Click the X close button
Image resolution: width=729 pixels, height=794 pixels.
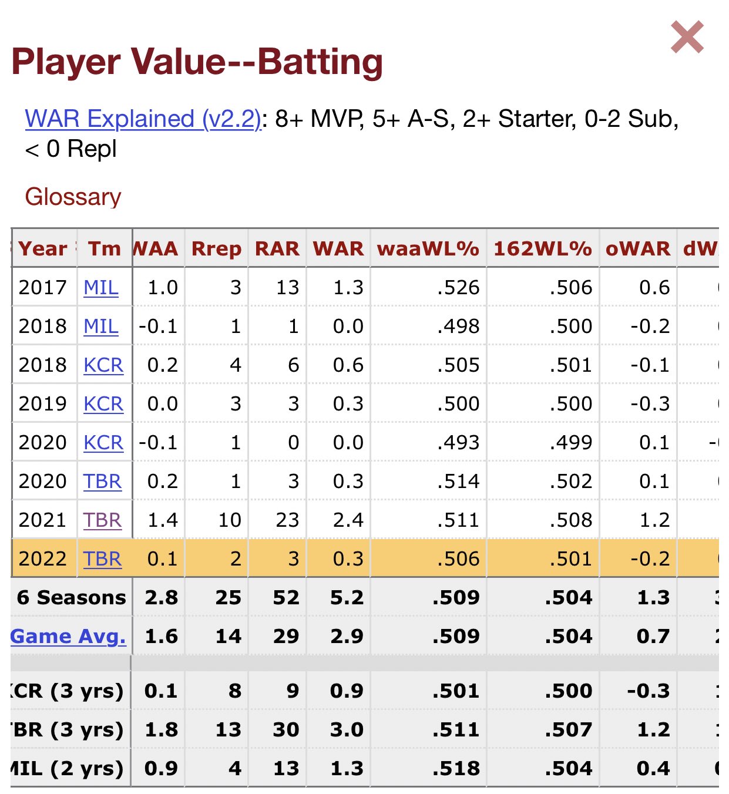click(687, 37)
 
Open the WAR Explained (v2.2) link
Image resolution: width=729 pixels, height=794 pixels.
click(143, 119)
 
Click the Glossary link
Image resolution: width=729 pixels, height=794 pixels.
click(73, 197)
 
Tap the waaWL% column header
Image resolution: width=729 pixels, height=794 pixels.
click(428, 248)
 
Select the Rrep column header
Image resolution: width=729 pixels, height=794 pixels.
click(216, 248)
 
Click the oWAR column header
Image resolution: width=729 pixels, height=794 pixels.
click(637, 248)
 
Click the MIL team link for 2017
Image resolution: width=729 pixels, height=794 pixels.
click(101, 287)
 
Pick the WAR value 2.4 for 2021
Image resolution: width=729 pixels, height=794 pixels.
click(348, 520)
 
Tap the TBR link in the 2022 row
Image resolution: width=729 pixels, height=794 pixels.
click(102, 559)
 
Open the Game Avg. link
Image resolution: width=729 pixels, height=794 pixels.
click(68, 636)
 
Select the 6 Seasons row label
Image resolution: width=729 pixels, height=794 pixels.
click(71, 597)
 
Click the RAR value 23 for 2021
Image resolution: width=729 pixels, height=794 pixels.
click(287, 520)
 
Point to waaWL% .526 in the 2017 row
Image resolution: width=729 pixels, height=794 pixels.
click(458, 287)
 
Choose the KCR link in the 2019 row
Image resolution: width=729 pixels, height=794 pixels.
click(103, 403)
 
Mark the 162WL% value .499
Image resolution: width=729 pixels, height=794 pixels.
click(570, 442)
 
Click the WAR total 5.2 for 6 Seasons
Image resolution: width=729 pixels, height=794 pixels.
click(347, 597)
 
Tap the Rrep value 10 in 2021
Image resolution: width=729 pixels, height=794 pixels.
click(230, 520)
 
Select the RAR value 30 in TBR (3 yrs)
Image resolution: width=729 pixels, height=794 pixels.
click(286, 729)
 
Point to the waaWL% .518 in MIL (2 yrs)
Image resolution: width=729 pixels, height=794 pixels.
click(456, 768)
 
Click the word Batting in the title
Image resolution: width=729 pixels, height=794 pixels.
click(320, 62)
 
